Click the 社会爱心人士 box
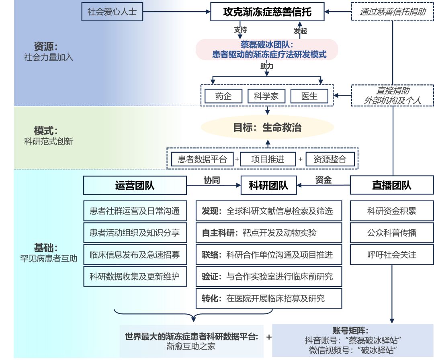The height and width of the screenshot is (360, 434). [112, 12]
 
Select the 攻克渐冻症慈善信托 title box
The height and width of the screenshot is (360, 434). [267, 12]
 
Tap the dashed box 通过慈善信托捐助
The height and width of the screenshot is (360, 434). [392, 12]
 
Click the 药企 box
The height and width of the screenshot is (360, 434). [223, 96]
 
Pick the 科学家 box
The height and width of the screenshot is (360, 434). [266, 96]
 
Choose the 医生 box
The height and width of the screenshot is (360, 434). [309, 96]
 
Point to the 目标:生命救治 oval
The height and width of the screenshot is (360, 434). [267, 128]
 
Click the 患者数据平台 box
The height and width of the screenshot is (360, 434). [202, 159]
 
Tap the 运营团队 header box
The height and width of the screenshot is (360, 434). [135, 185]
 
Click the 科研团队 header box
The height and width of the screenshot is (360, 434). [268, 185]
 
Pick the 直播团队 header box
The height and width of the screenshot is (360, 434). [392, 185]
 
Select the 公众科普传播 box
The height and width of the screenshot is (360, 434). [392, 233]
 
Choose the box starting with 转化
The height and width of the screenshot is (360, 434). [268, 299]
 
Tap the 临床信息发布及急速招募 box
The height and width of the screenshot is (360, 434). [135, 254]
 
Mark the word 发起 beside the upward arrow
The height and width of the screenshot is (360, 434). [300, 31]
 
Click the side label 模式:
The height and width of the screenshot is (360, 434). [46, 131]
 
